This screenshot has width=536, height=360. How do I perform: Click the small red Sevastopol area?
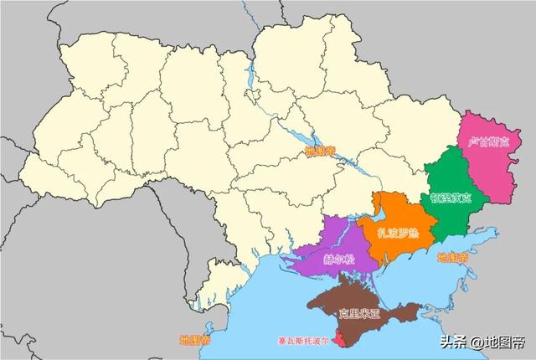point(338,339)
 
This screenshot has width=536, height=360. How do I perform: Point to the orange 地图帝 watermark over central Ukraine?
point(320,152)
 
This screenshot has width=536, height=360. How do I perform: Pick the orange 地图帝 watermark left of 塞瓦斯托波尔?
point(195,341)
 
